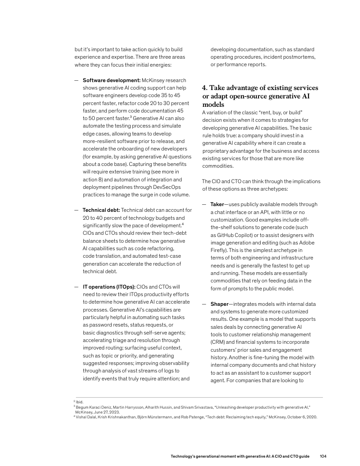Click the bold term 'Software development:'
[x=112, y=80]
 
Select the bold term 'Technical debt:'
[x=101, y=210]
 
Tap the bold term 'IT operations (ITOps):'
[x=109, y=286]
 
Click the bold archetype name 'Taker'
[x=217, y=204]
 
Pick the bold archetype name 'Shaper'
[x=219, y=304]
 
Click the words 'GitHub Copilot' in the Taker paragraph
[x=231, y=235]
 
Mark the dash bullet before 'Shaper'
[x=204, y=304]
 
